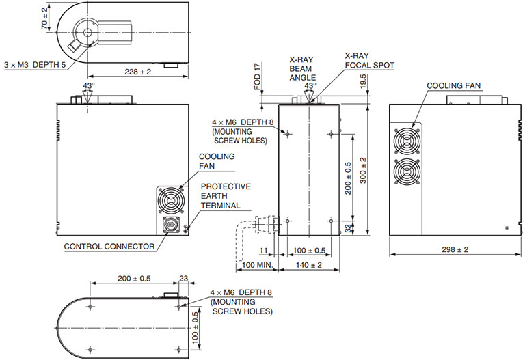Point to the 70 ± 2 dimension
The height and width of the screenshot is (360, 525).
click(x=44, y=18)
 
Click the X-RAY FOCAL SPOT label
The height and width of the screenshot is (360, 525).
click(x=369, y=60)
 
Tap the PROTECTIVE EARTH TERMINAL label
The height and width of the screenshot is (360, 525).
click(x=226, y=196)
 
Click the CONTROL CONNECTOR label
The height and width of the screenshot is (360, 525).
click(x=109, y=247)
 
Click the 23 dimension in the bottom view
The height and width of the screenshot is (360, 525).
click(x=183, y=278)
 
